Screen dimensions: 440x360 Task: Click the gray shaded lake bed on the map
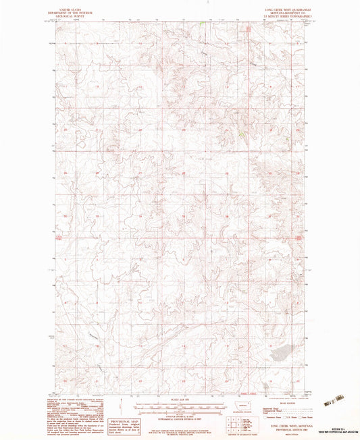tap(279, 351)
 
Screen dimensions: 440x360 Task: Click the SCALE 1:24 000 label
tap(180, 399)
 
